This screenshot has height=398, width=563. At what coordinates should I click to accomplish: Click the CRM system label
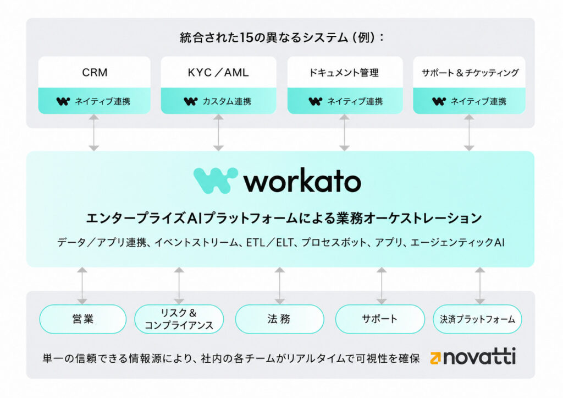pyautogui.click(x=95, y=73)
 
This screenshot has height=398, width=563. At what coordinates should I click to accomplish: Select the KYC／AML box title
pyautogui.click(x=218, y=73)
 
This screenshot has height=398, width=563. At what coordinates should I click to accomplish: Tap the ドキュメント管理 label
pyautogui.click(x=344, y=73)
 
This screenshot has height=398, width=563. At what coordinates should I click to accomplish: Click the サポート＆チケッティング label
pyautogui.click(x=470, y=73)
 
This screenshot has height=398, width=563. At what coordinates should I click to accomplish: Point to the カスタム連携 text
pyautogui.click(x=227, y=101)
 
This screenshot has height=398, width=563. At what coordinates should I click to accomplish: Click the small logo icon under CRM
pyautogui.click(x=63, y=101)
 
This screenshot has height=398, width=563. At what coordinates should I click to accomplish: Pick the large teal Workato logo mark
pyautogui.click(x=216, y=181)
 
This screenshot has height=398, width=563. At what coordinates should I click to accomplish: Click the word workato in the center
pyautogui.click(x=302, y=181)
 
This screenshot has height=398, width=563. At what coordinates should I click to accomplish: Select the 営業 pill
pyautogui.click(x=83, y=319)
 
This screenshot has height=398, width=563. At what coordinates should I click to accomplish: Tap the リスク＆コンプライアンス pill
pyautogui.click(x=179, y=319)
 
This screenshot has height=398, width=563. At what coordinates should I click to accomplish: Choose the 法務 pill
pyautogui.click(x=279, y=319)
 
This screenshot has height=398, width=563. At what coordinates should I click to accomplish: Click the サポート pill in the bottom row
pyautogui.click(x=380, y=319)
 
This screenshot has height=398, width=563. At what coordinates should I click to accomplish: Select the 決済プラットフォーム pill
pyautogui.click(x=478, y=319)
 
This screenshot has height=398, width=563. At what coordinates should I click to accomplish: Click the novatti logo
pyautogui.click(x=473, y=357)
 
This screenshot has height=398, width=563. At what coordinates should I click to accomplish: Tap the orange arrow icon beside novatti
pyautogui.click(x=435, y=358)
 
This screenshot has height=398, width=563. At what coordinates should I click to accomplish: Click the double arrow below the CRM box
pyautogui.click(x=94, y=133)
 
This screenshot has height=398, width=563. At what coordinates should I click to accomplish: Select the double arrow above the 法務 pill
pyautogui.click(x=280, y=286)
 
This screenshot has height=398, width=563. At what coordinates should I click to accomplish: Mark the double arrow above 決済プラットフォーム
pyautogui.click(x=480, y=286)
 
